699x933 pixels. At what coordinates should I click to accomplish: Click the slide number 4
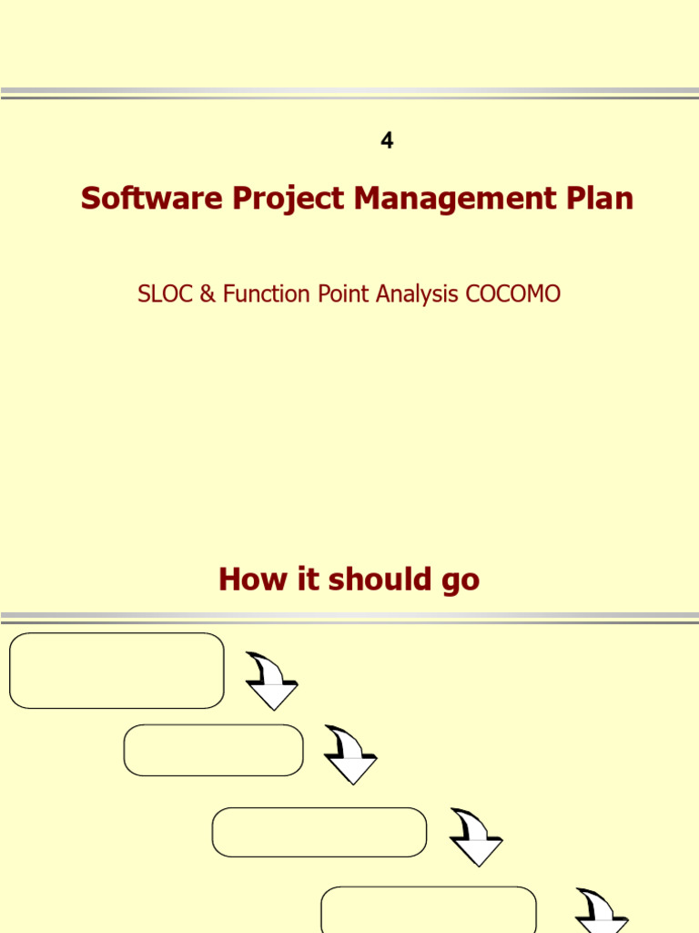point(387,141)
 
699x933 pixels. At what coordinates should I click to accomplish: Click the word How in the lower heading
point(243,579)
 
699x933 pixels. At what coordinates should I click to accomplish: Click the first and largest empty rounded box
point(116,671)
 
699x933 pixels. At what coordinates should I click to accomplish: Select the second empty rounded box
point(213,750)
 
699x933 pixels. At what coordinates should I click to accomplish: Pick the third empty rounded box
point(319,832)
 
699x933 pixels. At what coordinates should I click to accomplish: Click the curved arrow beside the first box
point(271,682)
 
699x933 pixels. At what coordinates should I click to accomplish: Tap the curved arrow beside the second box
point(350,755)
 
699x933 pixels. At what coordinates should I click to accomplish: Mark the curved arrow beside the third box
point(476,837)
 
